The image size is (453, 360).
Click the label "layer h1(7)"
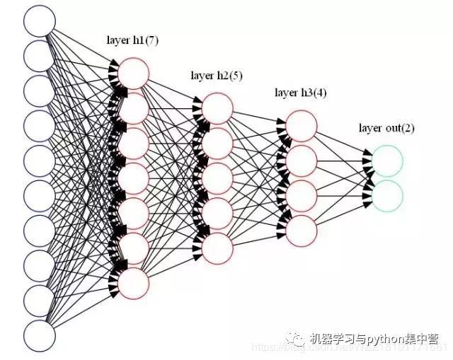click(134, 41)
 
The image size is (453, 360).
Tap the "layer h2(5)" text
click(217, 76)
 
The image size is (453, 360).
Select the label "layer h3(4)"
click(301, 93)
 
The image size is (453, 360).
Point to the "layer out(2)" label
click(386, 128)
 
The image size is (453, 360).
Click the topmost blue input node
click(40, 21)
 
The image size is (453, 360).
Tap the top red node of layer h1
click(134, 74)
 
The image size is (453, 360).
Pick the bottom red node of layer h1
click(134, 282)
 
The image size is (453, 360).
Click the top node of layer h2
click(217, 108)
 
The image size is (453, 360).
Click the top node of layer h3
click(302, 126)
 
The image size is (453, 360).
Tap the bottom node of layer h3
click(302, 230)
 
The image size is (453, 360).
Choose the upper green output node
click(387, 161)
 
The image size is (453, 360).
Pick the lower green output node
click(387, 195)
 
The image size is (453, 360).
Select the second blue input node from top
click(40, 55)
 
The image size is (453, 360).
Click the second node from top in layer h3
click(302, 161)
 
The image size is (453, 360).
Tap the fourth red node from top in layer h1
click(134, 178)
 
